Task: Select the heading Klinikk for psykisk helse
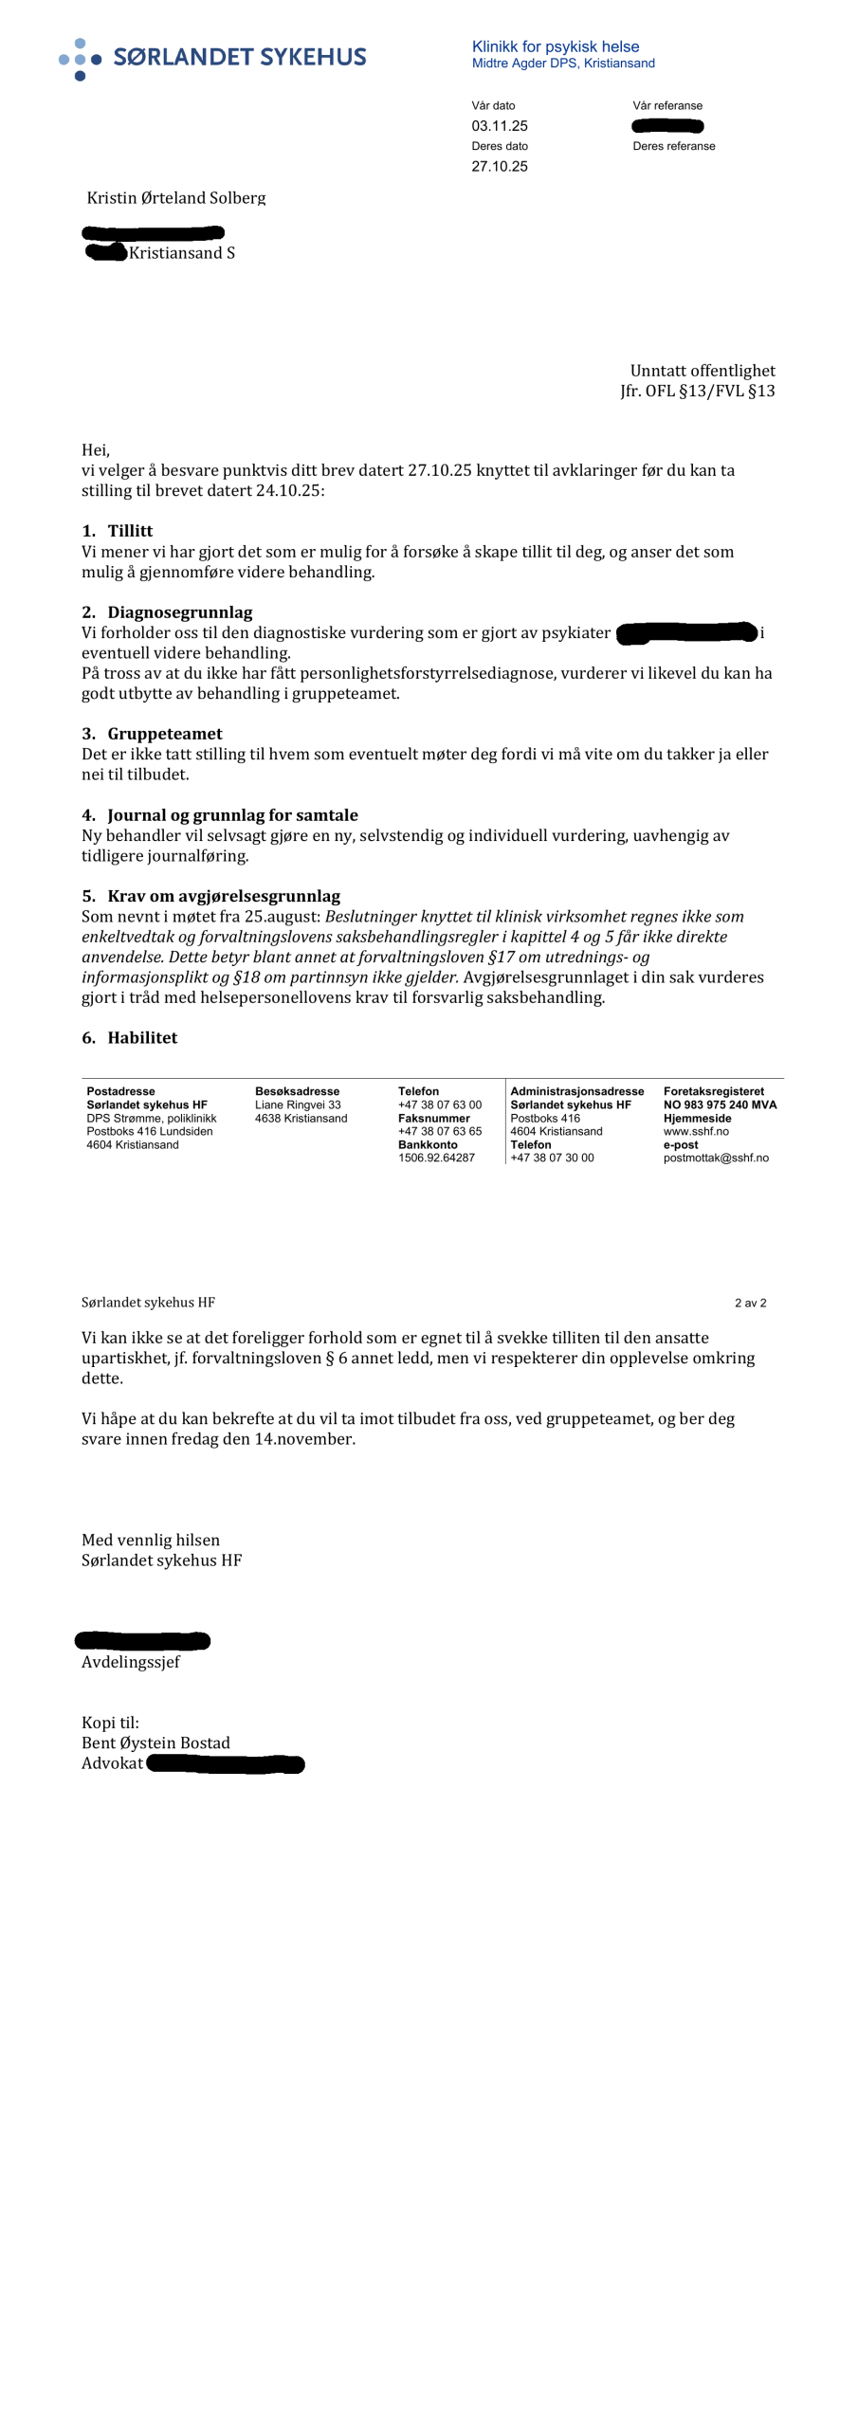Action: pos(555,46)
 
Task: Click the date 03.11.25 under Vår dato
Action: pos(500,126)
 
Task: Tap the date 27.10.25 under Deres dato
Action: pos(500,167)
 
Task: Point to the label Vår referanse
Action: pos(667,106)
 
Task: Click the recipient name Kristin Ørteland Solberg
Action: pos(176,198)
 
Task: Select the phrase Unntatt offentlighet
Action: pos(702,371)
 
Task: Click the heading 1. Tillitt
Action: pos(118,531)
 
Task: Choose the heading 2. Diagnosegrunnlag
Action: pos(167,612)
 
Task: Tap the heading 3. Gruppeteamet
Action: pos(152,734)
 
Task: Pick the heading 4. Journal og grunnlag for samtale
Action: pos(220,815)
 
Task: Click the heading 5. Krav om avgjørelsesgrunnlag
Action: pos(210,896)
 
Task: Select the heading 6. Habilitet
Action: pos(130,1038)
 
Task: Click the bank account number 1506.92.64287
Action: pos(436,1158)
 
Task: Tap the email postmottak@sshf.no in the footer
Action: pos(716,1158)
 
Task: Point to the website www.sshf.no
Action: pos(696,1131)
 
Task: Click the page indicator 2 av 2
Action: pos(750,1303)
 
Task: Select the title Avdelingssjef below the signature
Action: pos(131,1662)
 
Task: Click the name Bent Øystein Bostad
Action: pos(155,1743)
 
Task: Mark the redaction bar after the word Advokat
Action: pos(226,1764)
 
